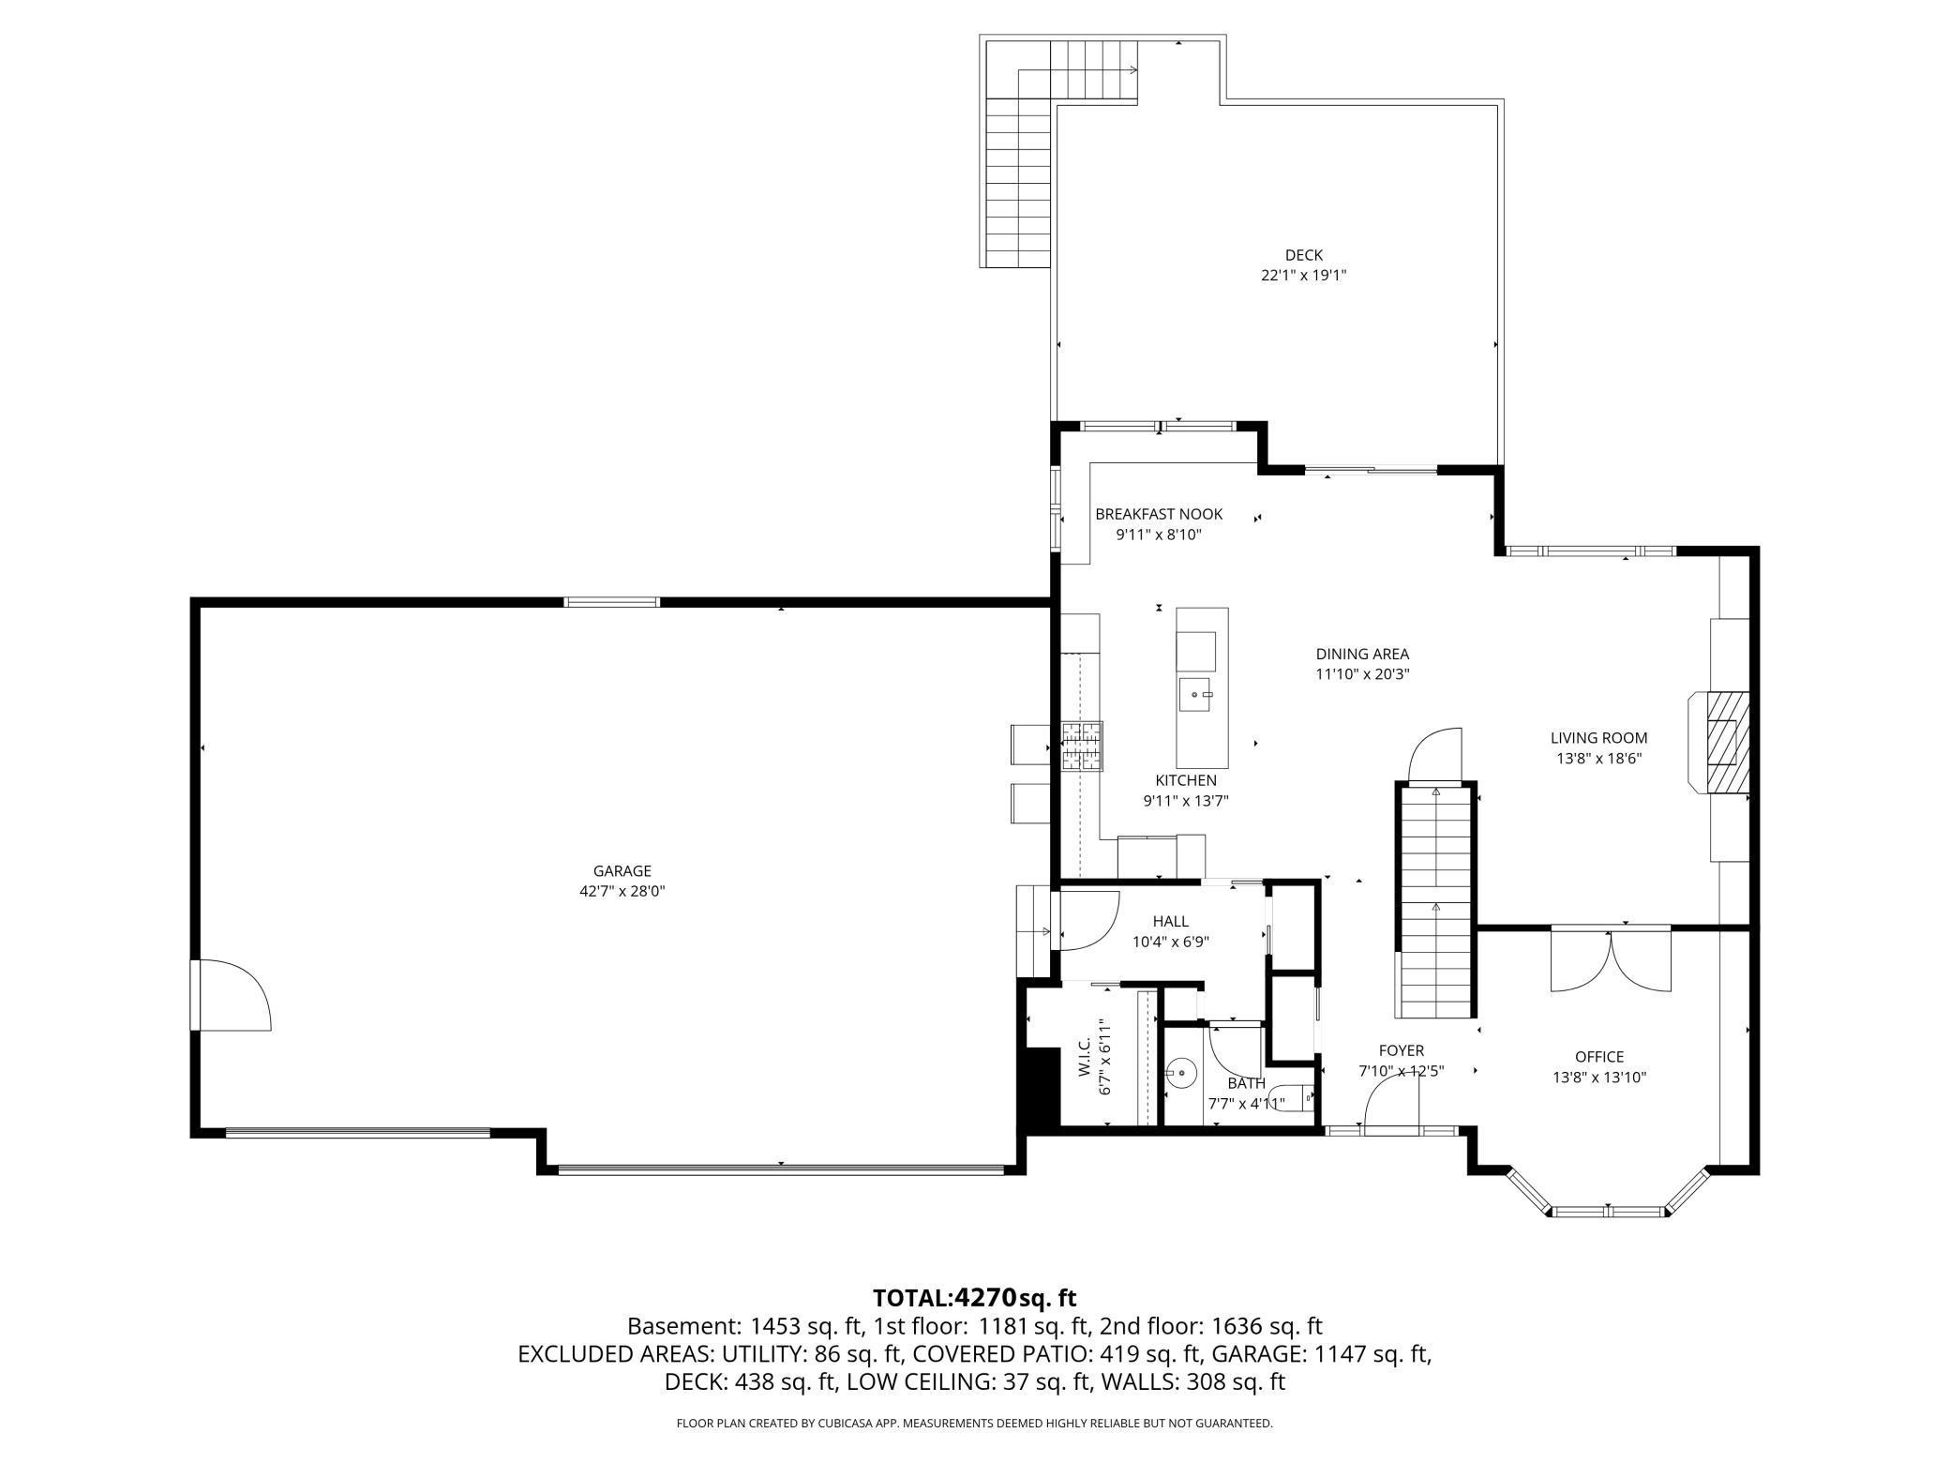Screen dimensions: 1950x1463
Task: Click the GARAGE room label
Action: coord(622,871)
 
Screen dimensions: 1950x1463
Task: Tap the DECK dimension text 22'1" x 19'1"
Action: coord(1304,276)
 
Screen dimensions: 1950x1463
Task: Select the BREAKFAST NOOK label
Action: coord(1159,514)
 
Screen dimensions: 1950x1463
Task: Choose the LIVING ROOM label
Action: coord(1598,738)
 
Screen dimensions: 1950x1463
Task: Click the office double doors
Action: coord(1611,959)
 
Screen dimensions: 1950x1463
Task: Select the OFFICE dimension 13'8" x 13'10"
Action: coord(1599,1078)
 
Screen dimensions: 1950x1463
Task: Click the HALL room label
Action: coord(1171,922)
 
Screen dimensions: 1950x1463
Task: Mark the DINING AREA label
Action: coord(1362,655)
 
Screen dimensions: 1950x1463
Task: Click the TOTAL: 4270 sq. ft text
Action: coord(975,1298)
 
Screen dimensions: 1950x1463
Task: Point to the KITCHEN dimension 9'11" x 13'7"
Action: coord(1186,801)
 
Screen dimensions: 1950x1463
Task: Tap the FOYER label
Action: coord(1402,1051)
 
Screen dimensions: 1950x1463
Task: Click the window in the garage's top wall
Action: coord(612,602)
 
